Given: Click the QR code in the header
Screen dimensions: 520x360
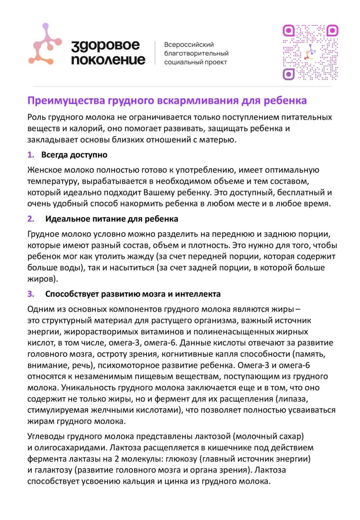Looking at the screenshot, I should pos(310,52).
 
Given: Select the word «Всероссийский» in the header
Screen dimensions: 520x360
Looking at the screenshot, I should pos(189,45).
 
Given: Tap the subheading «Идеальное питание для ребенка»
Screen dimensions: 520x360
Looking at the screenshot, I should pos(112,219).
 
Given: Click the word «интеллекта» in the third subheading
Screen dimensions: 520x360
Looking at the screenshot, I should pos(200,294).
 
